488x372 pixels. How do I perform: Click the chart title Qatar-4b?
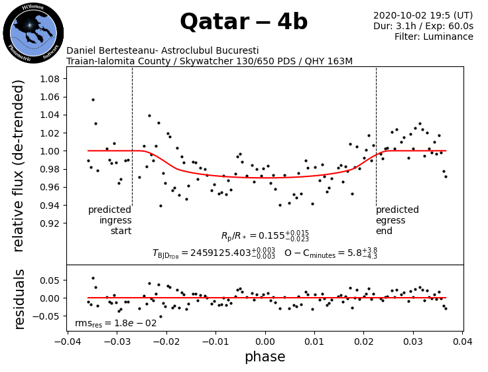(243, 23)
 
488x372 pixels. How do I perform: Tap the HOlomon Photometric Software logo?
(33, 32)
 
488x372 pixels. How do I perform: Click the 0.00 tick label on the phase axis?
(265, 341)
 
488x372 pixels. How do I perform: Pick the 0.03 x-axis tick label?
(413, 341)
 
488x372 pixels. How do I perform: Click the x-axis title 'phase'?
(265, 357)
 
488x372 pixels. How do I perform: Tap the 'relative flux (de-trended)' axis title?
(19, 165)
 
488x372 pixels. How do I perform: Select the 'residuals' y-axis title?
(19, 298)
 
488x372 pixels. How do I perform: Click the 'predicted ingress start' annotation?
(110, 220)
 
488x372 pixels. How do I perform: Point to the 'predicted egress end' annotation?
(397, 220)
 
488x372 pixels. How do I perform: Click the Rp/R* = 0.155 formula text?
(265, 236)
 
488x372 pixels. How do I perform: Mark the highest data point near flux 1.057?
(93, 99)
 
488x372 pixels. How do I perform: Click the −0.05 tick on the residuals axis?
(47, 316)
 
